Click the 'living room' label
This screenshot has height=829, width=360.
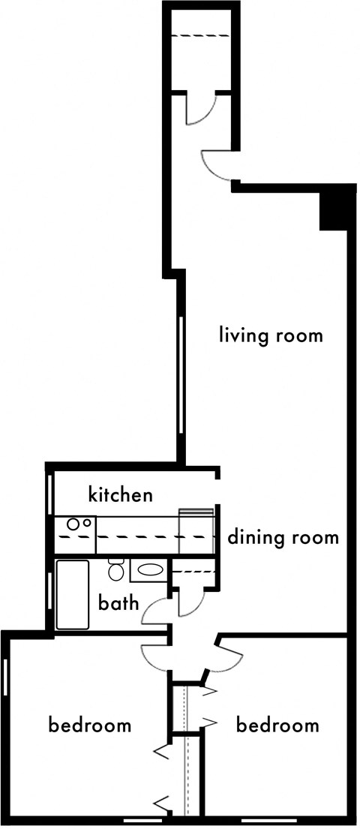click(271, 334)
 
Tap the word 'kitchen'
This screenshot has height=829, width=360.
click(121, 494)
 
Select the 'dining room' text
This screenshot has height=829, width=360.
click(283, 537)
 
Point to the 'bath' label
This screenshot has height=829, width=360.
click(118, 602)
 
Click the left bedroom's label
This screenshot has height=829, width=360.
click(90, 725)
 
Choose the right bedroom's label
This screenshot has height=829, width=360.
click(277, 725)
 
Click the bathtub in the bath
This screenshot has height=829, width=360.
click(73, 595)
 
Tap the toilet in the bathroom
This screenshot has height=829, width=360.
click(116, 570)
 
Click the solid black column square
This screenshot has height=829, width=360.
click(334, 209)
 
